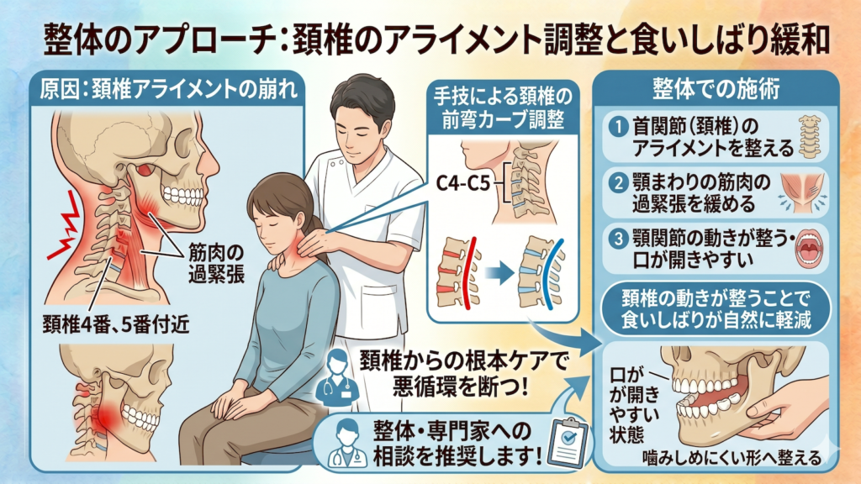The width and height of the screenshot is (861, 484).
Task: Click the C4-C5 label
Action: tap(463, 182)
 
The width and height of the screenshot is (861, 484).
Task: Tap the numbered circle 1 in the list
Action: tap(618, 128)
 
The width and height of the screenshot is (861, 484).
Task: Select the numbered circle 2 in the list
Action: tap(618, 182)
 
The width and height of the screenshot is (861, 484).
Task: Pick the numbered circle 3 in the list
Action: tap(618, 239)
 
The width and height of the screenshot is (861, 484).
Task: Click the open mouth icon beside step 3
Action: tap(810, 248)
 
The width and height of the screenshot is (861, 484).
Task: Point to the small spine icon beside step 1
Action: tap(810, 137)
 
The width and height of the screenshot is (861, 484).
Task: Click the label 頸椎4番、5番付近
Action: tap(116, 325)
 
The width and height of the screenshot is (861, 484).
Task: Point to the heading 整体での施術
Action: tap(716, 88)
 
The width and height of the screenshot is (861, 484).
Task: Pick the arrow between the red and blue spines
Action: tap(499, 273)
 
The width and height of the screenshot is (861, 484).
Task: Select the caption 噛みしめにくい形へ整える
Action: tap(733, 458)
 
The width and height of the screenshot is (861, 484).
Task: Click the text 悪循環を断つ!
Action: tap(461, 387)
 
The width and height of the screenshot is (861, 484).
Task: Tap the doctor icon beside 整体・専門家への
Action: tap(347, 443)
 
